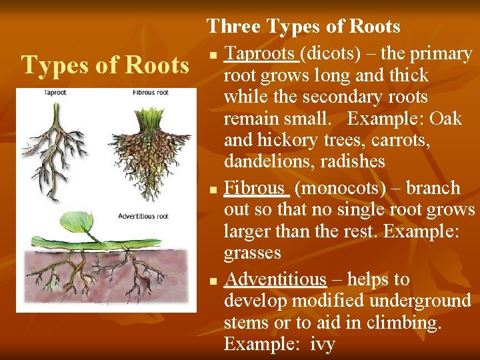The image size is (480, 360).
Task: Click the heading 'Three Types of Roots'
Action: [303, 26]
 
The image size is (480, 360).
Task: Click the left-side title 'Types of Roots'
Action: [105, 65]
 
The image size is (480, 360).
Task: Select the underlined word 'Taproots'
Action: [261, 53]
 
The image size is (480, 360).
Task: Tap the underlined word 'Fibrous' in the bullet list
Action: [256, 188]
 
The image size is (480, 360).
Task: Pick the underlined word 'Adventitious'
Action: [275, 279]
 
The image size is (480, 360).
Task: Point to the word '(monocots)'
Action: [340, 188]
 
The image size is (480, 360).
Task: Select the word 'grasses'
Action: [253, 253]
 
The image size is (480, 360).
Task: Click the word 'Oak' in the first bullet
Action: [445, 119]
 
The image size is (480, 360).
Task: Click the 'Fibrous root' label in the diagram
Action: [150, 93]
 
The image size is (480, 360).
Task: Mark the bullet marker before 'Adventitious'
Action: [213, 281]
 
